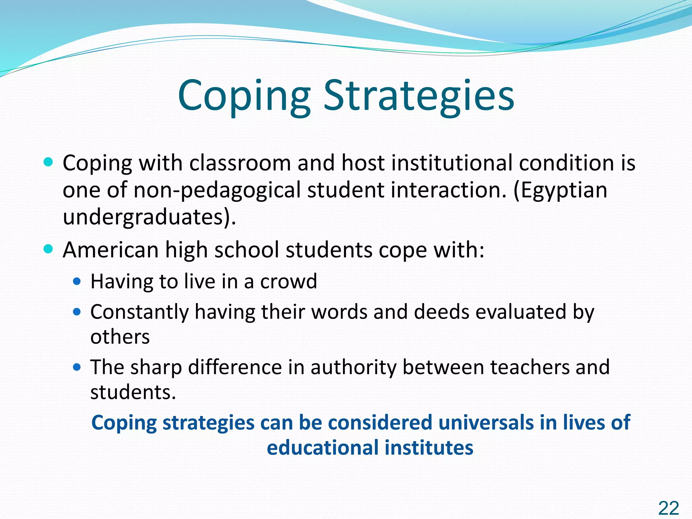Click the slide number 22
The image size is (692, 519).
[668, 508]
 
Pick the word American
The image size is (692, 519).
[111, 250]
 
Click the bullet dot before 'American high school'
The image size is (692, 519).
[49, 249]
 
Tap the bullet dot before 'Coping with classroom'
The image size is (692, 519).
[49, 163]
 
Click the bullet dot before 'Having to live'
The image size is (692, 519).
[77, 281]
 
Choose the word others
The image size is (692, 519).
[120, 337]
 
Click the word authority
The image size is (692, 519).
[353, 367]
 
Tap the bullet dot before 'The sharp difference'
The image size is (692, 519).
[77, 367]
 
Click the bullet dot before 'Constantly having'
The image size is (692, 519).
[77, 312]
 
